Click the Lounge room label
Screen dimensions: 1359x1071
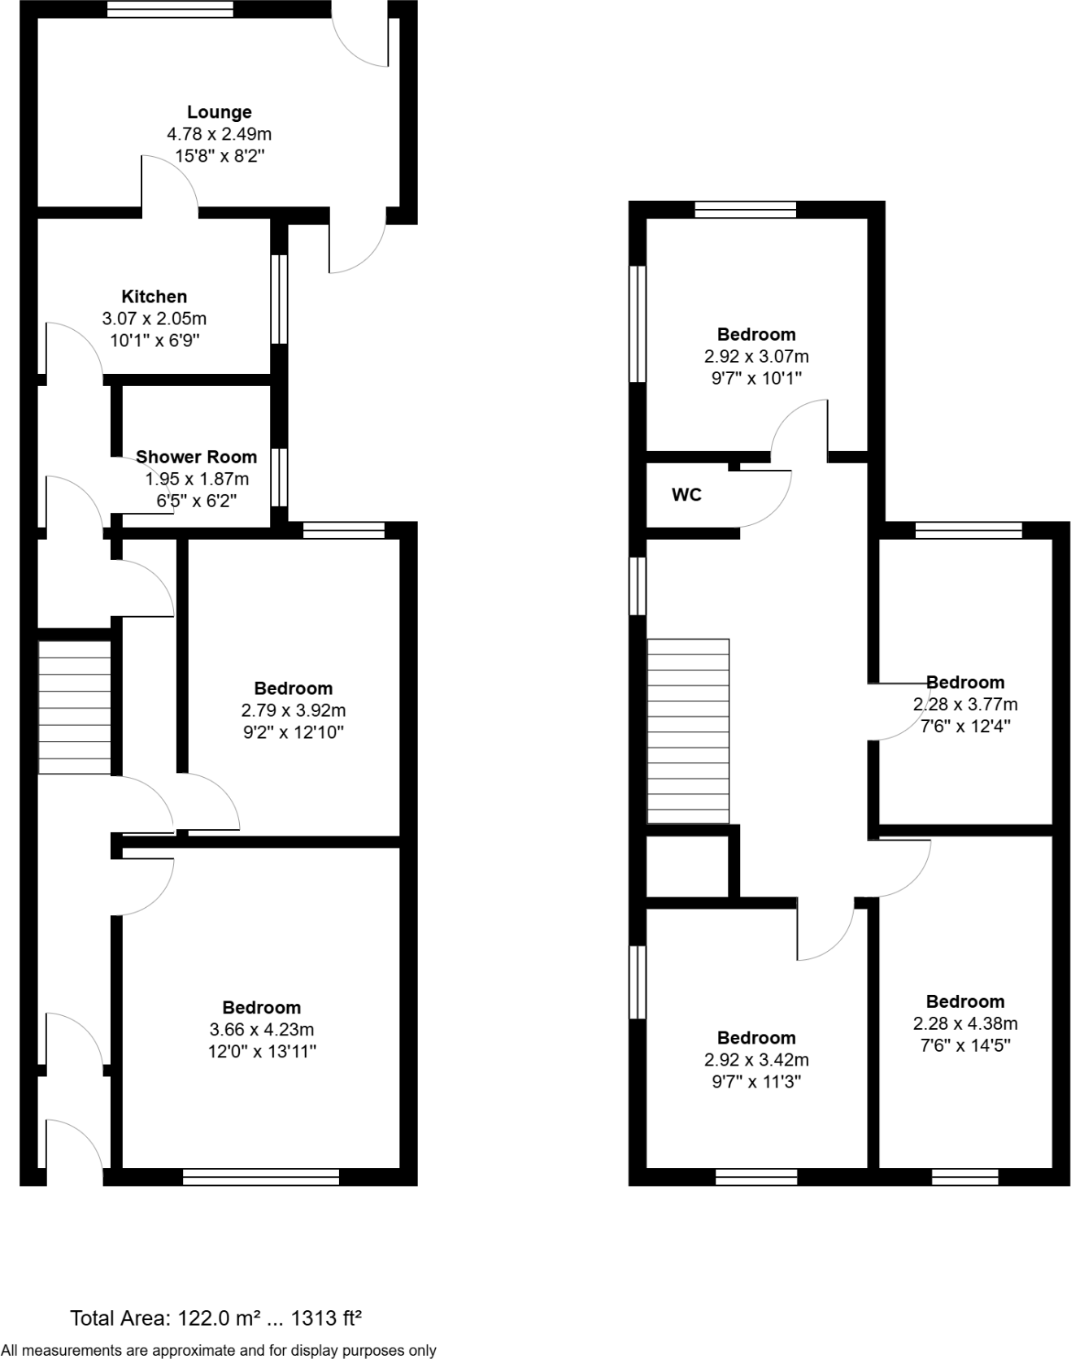(219, 112)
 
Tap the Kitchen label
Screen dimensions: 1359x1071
(155, 297)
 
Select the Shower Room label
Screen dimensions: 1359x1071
(196, 457)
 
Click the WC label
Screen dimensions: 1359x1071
(686, 494)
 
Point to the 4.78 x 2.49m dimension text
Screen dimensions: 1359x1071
(219, 134)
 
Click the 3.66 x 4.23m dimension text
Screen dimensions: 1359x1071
(261, 1030)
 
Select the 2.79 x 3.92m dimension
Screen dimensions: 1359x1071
(293, 710)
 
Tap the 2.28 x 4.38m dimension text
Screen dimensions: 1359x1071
(964, 1023)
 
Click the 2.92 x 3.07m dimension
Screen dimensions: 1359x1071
(755, 356)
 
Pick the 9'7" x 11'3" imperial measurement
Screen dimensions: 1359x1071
(755, 1082)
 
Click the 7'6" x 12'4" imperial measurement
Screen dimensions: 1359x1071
(964, 726)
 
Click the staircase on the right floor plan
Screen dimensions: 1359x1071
(688, 731)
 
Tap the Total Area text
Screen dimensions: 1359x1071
(216, 1318)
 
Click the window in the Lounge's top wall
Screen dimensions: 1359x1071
(170, 9)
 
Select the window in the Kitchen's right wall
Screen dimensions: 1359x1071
(279, 299)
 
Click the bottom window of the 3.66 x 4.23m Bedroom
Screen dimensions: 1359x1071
(260, 1176)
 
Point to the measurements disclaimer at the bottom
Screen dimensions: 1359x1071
(219, 1350)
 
